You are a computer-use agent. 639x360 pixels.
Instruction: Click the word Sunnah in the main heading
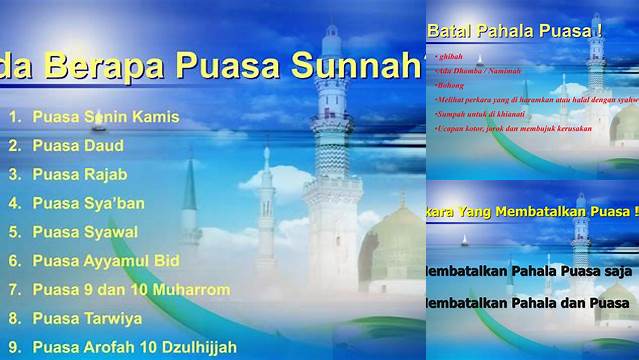click(348, 67)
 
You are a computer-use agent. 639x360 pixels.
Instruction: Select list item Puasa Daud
click(78, 145)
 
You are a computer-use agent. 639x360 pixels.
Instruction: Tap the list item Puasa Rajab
click(79, 174)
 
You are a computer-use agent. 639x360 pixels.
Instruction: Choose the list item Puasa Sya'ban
click(88, 203)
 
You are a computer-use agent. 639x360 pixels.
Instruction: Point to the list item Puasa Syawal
click(85, 232)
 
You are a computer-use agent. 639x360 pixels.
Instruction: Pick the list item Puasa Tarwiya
click(87, 319)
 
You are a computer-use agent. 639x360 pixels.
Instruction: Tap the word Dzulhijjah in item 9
click(191, 348)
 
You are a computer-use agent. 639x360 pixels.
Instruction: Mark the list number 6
click(14, 261)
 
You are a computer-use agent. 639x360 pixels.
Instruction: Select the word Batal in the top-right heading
click(446, 32)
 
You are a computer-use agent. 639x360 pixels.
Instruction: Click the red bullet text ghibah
click(447, 60)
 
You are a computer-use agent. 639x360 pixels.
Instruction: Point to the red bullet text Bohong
click(449, 87)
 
